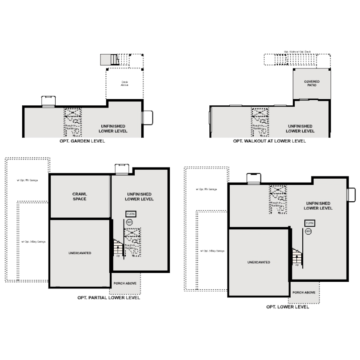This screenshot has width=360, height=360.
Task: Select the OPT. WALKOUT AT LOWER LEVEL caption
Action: pos(270,141)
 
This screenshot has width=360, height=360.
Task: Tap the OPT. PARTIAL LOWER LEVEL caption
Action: pos(109,298)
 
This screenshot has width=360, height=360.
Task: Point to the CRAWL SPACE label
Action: pos(80,196)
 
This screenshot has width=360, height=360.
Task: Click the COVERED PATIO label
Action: pos(312,83)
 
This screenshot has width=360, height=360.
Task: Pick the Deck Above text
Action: pos(124,83)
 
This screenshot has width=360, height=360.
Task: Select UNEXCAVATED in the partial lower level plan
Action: pos(80,253)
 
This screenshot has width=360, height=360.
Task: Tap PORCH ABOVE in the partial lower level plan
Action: pos(125,283)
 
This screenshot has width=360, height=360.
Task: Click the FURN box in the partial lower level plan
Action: pos(131,214)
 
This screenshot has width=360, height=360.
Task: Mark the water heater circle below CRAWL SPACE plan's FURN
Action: pos(130,221)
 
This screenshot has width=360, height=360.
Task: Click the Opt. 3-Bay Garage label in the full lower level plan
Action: pos(212,251)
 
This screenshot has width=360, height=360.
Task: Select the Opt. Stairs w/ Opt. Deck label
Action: pos(296,52)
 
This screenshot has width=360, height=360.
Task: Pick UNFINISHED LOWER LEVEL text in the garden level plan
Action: pos(114,129)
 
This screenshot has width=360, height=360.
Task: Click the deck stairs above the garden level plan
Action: pos(108,59)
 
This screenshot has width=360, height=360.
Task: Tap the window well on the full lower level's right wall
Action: pos(351,195)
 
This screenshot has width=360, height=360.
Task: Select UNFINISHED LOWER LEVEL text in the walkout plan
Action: pos(300,129)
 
